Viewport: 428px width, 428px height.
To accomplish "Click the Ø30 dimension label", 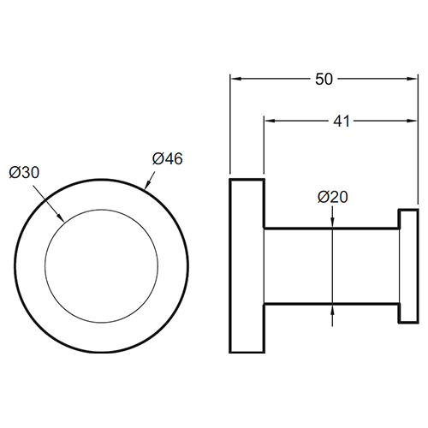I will pos(25,171).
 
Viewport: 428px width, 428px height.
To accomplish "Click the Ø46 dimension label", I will pos(167,158).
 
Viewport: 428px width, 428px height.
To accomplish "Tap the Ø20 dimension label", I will pos(332,197).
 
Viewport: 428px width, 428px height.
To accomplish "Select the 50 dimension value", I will pos(324,79).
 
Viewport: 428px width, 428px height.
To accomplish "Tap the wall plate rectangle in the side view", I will pos(246,265).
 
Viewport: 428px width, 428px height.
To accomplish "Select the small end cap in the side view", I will pos(407,265).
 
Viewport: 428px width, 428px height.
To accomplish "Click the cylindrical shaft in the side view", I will pos(330,265).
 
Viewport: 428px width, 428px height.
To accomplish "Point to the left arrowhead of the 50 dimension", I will pos(235,79).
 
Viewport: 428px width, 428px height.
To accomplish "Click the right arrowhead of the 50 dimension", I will pos(412,79).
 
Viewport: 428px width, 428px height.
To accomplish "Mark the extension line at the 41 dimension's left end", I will pos(263,171).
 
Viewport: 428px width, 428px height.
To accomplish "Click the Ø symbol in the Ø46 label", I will pos(158,158).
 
